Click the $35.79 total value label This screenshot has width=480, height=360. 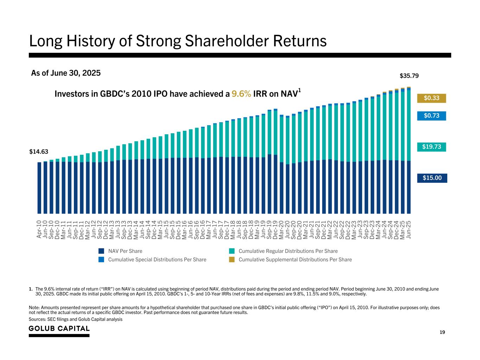pyautogui.click(x=409, y=76)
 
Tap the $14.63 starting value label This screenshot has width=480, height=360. pyautogui.click(x=39, y=152)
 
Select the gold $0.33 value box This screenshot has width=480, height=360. pyautogui.click(x=431, y=98)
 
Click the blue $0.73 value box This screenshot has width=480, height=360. pyautogui.click(x=431, y=116)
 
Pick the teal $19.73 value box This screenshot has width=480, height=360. pyautogui.click(x=431, y=147)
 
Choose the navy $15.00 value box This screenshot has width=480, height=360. pyautogui.click(x=432, y=178)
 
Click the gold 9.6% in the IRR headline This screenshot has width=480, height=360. pyautogui.click(x=241, y=94)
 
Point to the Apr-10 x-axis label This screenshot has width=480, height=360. pyautogui.click(x=39, y=229)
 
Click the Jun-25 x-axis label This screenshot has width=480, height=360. pyautogui.click(x=409, y=229)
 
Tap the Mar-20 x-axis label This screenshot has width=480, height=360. pyautogui.click(x=281, y=229)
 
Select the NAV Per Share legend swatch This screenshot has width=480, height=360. pyautogui.click(x=101, y=251)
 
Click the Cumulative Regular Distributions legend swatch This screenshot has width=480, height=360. pyautogui.click(x=232, y=251)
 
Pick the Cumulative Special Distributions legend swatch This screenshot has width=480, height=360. pyautogui.click(x=101, y=259)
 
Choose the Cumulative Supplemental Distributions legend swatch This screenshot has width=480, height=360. pyautogui.click(x=232, y=259)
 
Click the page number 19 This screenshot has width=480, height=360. pyautogui.click(x=442, y=332)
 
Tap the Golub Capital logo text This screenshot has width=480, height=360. pyautogui.click(x=59, y=328)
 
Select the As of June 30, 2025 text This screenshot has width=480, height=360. pyautogui.click(x=66, y=73)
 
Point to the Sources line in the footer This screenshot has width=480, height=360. pyautogui.click(x=76, y=319)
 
